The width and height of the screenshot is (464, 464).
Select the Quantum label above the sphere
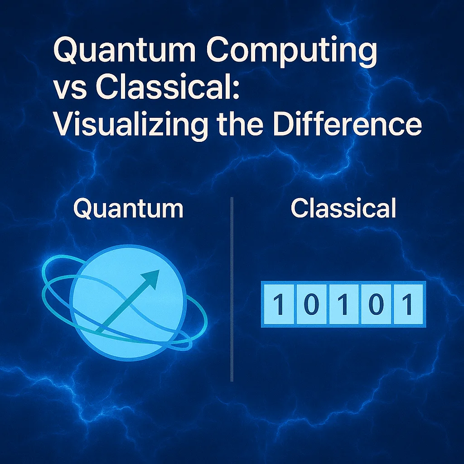[x=128, y=209]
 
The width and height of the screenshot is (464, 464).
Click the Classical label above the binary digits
[x=343, y=209]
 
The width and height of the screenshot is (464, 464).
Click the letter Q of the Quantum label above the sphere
[x=84, y=209]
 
